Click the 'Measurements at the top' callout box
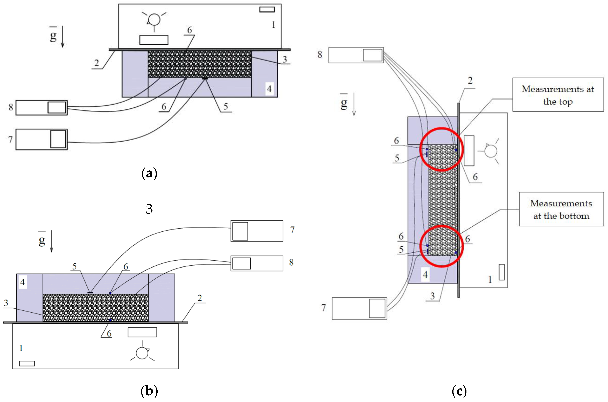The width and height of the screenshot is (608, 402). pos(558,95)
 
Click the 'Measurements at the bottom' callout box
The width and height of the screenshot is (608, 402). pos(561,209)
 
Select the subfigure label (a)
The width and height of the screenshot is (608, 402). pos(149,174)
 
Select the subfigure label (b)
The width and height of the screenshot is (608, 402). pos(149,391)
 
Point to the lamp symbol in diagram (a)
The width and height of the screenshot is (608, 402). pos(154,19)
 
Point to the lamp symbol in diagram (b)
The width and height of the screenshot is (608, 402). pos(142,353)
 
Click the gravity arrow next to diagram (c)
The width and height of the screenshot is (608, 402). pos(354,105)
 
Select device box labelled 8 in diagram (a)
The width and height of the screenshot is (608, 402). pos(41,108)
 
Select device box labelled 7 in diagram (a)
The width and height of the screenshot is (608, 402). pos(41,140)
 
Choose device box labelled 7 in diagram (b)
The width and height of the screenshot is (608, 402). pos(257,231)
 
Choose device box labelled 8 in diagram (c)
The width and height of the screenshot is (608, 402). pos(356,55)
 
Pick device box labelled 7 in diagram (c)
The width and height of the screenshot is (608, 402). pos(359,308)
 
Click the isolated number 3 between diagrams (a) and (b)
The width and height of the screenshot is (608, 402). pos(149,209)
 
